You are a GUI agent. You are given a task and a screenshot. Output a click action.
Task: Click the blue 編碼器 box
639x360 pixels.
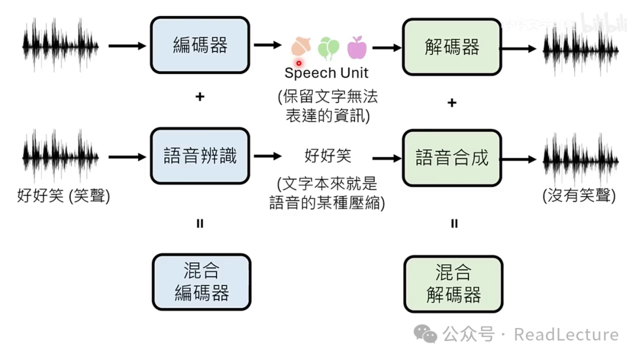point(200,46)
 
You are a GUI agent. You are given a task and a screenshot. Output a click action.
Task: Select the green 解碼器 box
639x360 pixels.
point(452,47)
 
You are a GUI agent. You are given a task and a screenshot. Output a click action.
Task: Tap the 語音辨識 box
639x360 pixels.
point(200,156)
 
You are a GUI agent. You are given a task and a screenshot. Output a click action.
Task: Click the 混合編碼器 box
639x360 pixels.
point(201,282)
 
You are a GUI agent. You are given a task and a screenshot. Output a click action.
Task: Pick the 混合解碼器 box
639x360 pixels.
point(453,284)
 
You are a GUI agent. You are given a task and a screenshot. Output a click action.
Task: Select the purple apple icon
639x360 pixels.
point(357,47)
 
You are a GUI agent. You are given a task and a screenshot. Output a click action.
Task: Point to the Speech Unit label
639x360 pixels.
point(326,73)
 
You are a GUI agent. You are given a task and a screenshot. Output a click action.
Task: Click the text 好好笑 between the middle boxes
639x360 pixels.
point(328,156)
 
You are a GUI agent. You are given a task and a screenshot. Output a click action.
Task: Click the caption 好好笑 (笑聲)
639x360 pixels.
point(64,195)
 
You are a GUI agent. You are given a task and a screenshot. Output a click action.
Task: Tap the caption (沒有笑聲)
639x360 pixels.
point(579,195)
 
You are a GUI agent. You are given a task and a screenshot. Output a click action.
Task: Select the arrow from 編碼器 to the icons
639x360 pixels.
point(267,45)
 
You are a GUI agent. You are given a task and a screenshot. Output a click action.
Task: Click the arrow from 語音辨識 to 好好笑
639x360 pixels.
point(267,156)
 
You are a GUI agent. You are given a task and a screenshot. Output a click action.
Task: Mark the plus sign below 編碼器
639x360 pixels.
point(200,96)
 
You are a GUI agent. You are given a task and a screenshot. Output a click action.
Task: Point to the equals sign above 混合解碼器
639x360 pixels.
point(454,224)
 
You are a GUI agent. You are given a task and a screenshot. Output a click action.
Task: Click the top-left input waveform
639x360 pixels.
point(60,44)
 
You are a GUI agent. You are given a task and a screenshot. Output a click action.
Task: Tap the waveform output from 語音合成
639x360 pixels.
point(580,159)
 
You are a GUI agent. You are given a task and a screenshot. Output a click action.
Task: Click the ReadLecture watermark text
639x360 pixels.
point(566,335)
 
